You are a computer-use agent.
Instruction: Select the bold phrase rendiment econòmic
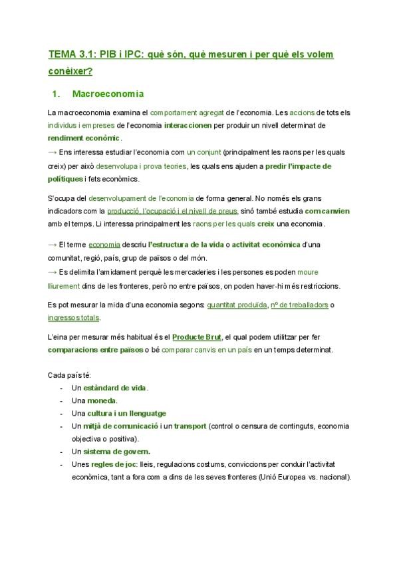click(x=84, y=138)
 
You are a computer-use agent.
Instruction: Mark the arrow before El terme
click(x=53, y=245)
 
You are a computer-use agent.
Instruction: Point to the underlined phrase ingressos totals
click(x=74, y=317)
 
